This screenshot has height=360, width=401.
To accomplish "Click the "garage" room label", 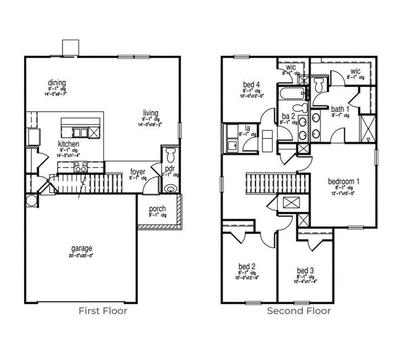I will (x=81, y=249).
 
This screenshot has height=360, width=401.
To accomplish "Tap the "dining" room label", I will (x=56, y=82).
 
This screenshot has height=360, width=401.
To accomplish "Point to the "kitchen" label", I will (x=69, y=144).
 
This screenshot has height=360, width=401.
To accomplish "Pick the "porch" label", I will (x=157, y=209).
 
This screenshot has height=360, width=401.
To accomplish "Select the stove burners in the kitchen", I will (x=81, y=168).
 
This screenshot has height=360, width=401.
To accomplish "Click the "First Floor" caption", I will (x=103, y=311).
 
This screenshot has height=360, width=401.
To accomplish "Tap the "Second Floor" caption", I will (x=299, y=311).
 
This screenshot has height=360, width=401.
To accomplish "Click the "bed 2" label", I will (x=247, y=266).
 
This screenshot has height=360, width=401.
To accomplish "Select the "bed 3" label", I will (x=305, y=270).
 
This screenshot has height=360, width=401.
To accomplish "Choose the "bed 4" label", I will (x=251, y=84).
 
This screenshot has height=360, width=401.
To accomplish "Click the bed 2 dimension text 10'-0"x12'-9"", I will (x=247, y=278).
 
